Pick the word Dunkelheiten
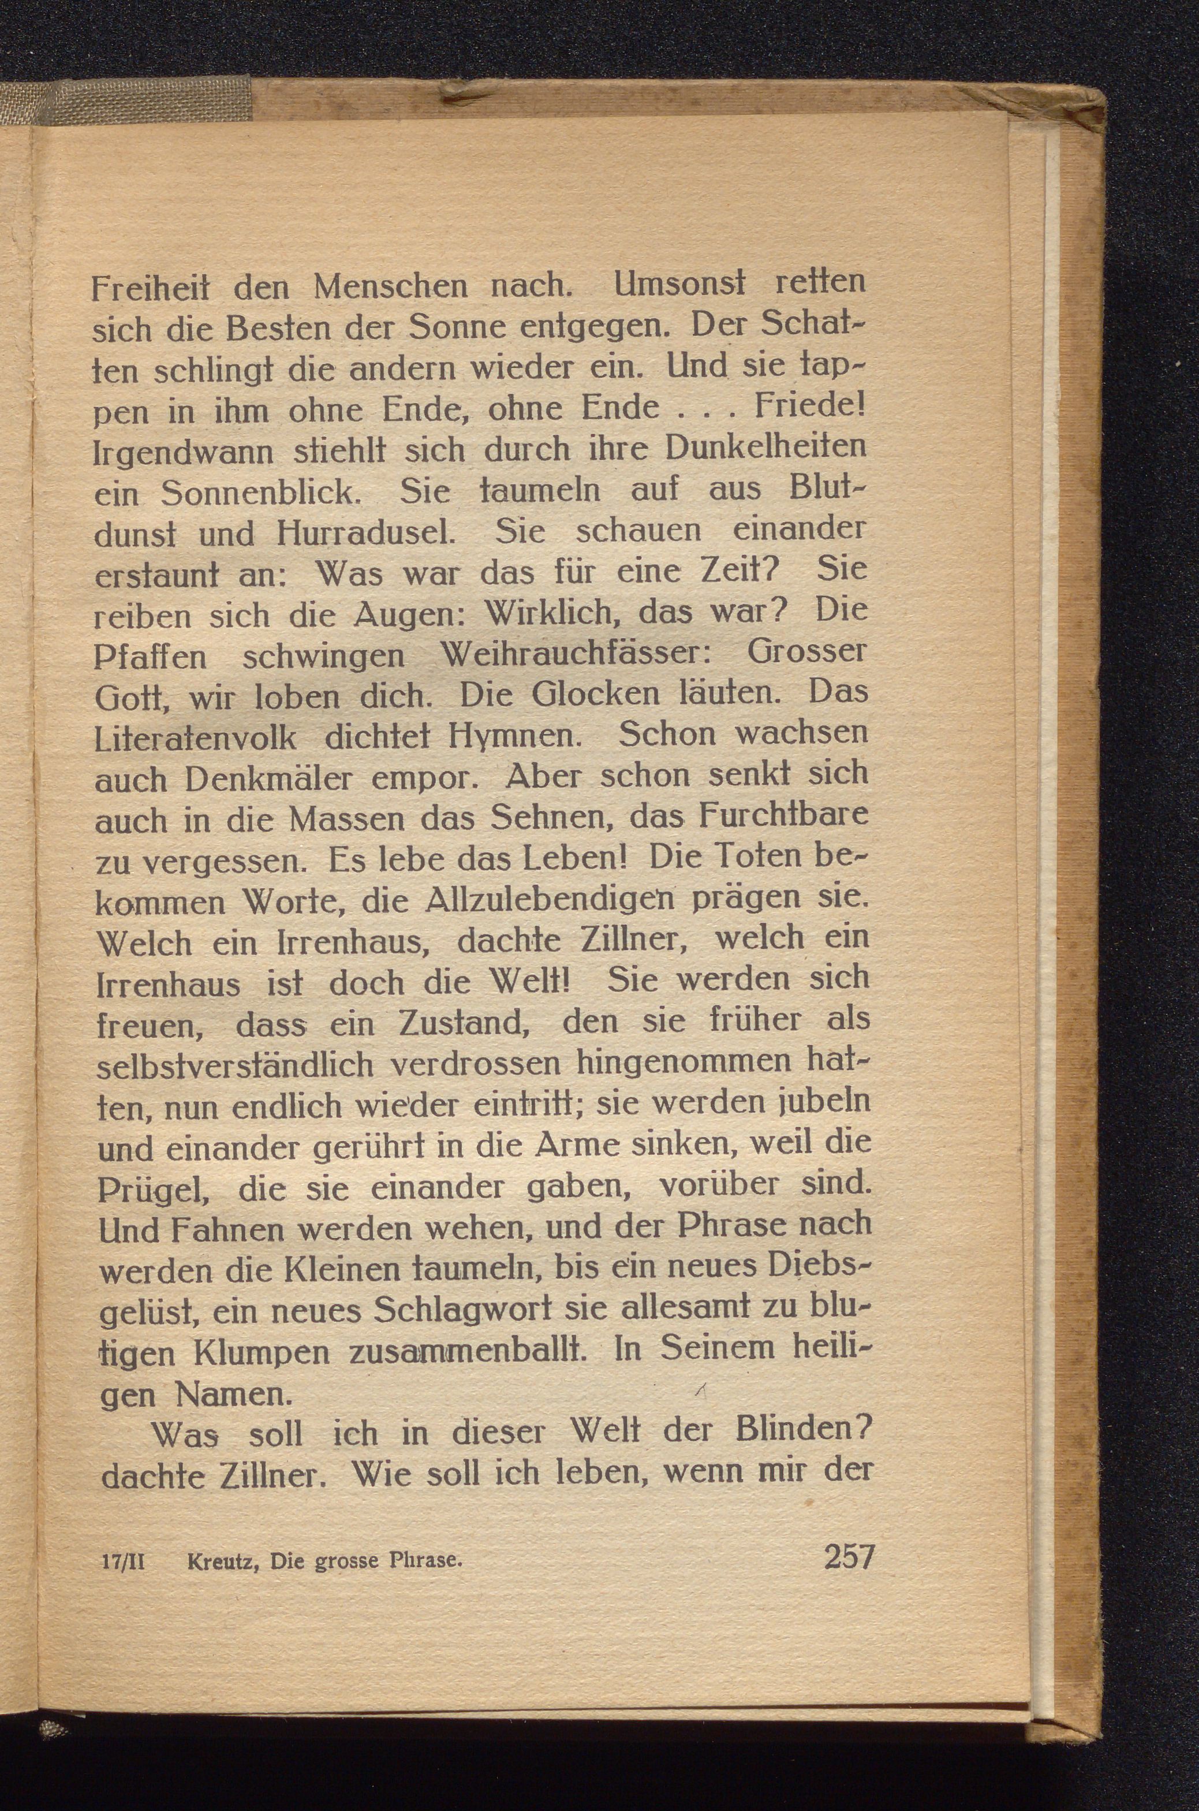click(766, 446)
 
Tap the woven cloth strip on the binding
click(126, 100)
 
